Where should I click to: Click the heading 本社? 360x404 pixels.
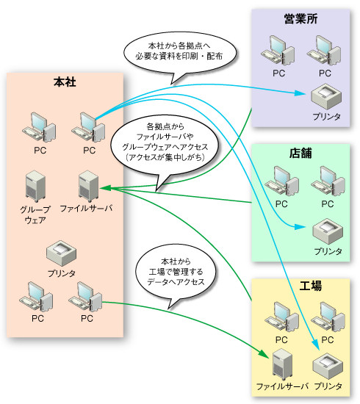(65, 82)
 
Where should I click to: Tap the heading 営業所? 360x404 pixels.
(300, 18)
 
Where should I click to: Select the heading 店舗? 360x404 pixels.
(300, 153)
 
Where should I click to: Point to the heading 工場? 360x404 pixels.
(311, 286)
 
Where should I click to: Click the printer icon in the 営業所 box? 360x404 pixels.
(326, 96)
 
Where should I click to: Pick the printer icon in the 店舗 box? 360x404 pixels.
(328, 231)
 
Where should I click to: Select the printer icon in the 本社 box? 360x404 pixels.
(61, 253)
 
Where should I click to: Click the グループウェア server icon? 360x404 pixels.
(35, 186)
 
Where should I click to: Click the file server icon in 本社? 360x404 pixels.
(88, 186)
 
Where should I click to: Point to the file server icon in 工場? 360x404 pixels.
(282, 364)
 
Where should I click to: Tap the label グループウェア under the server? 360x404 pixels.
(35, 215)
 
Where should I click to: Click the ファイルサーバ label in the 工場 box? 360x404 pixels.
(282, 386)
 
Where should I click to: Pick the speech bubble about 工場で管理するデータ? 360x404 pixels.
(176, 273)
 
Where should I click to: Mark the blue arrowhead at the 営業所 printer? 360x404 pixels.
(300, 93)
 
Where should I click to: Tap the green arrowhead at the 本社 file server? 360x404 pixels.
(105, 188)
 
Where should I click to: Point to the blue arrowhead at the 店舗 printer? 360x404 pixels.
(300, 227)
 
